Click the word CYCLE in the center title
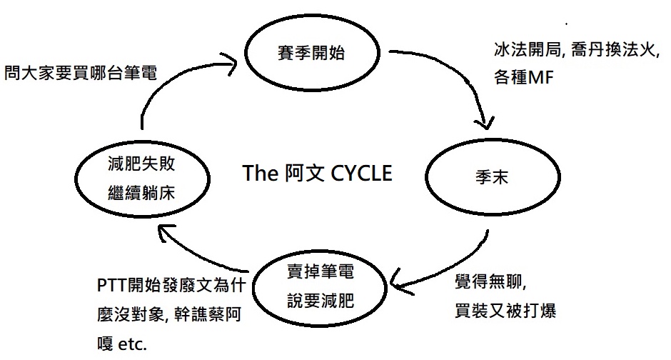[x=363, y=173]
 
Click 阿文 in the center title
[x=301, y=173]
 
